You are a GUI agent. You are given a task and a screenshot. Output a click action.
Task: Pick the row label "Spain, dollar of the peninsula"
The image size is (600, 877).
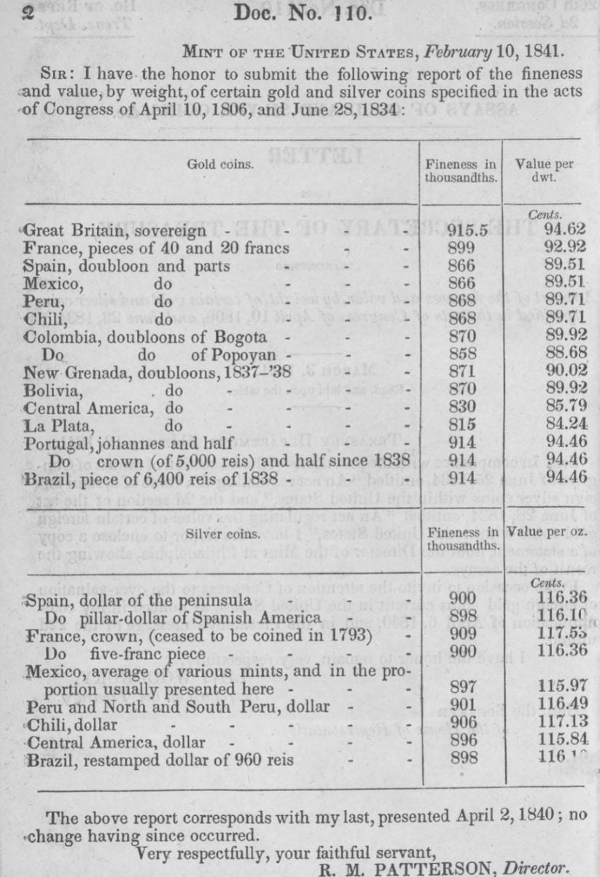pyautogui.click(x=128, y=602)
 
